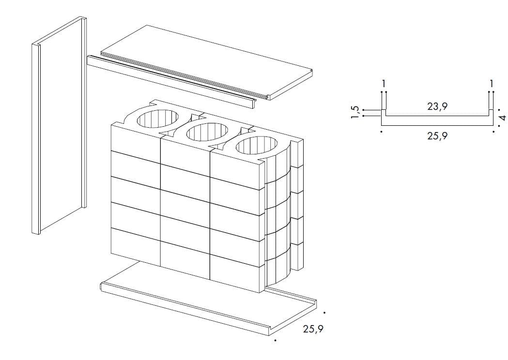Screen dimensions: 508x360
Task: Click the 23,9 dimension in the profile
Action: click(437, 106)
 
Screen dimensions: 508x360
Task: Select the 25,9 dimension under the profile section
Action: click(437, 136)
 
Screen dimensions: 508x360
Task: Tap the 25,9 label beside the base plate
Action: click(313, 329)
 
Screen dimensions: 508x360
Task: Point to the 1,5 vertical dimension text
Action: click(355, 112)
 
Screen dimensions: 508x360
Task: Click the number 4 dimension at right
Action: click(503, 117)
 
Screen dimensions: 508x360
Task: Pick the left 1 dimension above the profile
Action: click(384, 84)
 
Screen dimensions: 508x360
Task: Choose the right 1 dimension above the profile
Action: click(491, 84)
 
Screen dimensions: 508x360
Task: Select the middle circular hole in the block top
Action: click(207, 132)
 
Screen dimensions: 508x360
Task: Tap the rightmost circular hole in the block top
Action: click(257, 146)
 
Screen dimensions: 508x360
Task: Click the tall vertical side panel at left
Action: click(59, 125)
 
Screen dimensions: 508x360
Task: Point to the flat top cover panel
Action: click(207, 61)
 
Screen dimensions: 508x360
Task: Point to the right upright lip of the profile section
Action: click(491, 113)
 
